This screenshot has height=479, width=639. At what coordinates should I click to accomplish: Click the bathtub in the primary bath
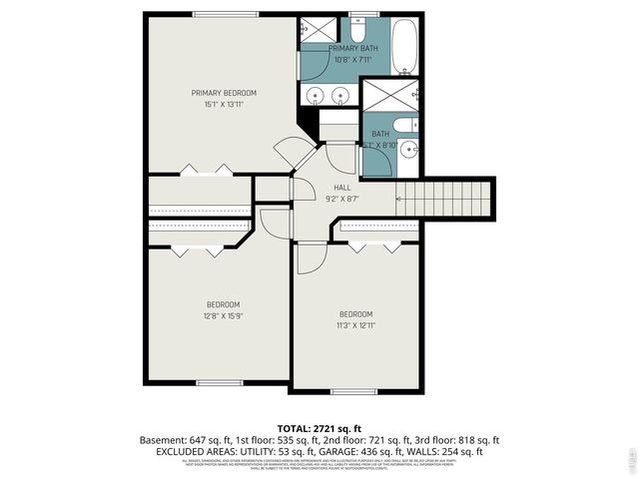tap(405, 46)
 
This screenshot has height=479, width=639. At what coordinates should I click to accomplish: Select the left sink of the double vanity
tap(317, 96)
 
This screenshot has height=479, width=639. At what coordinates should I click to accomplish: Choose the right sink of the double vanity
tap(341, 96)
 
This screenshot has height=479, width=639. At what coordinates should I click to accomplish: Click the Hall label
tap(341, 187)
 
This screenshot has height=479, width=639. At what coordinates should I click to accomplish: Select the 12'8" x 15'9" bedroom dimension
tap(223, 315)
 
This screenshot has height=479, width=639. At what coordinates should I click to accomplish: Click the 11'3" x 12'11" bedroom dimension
tap(354, 324)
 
